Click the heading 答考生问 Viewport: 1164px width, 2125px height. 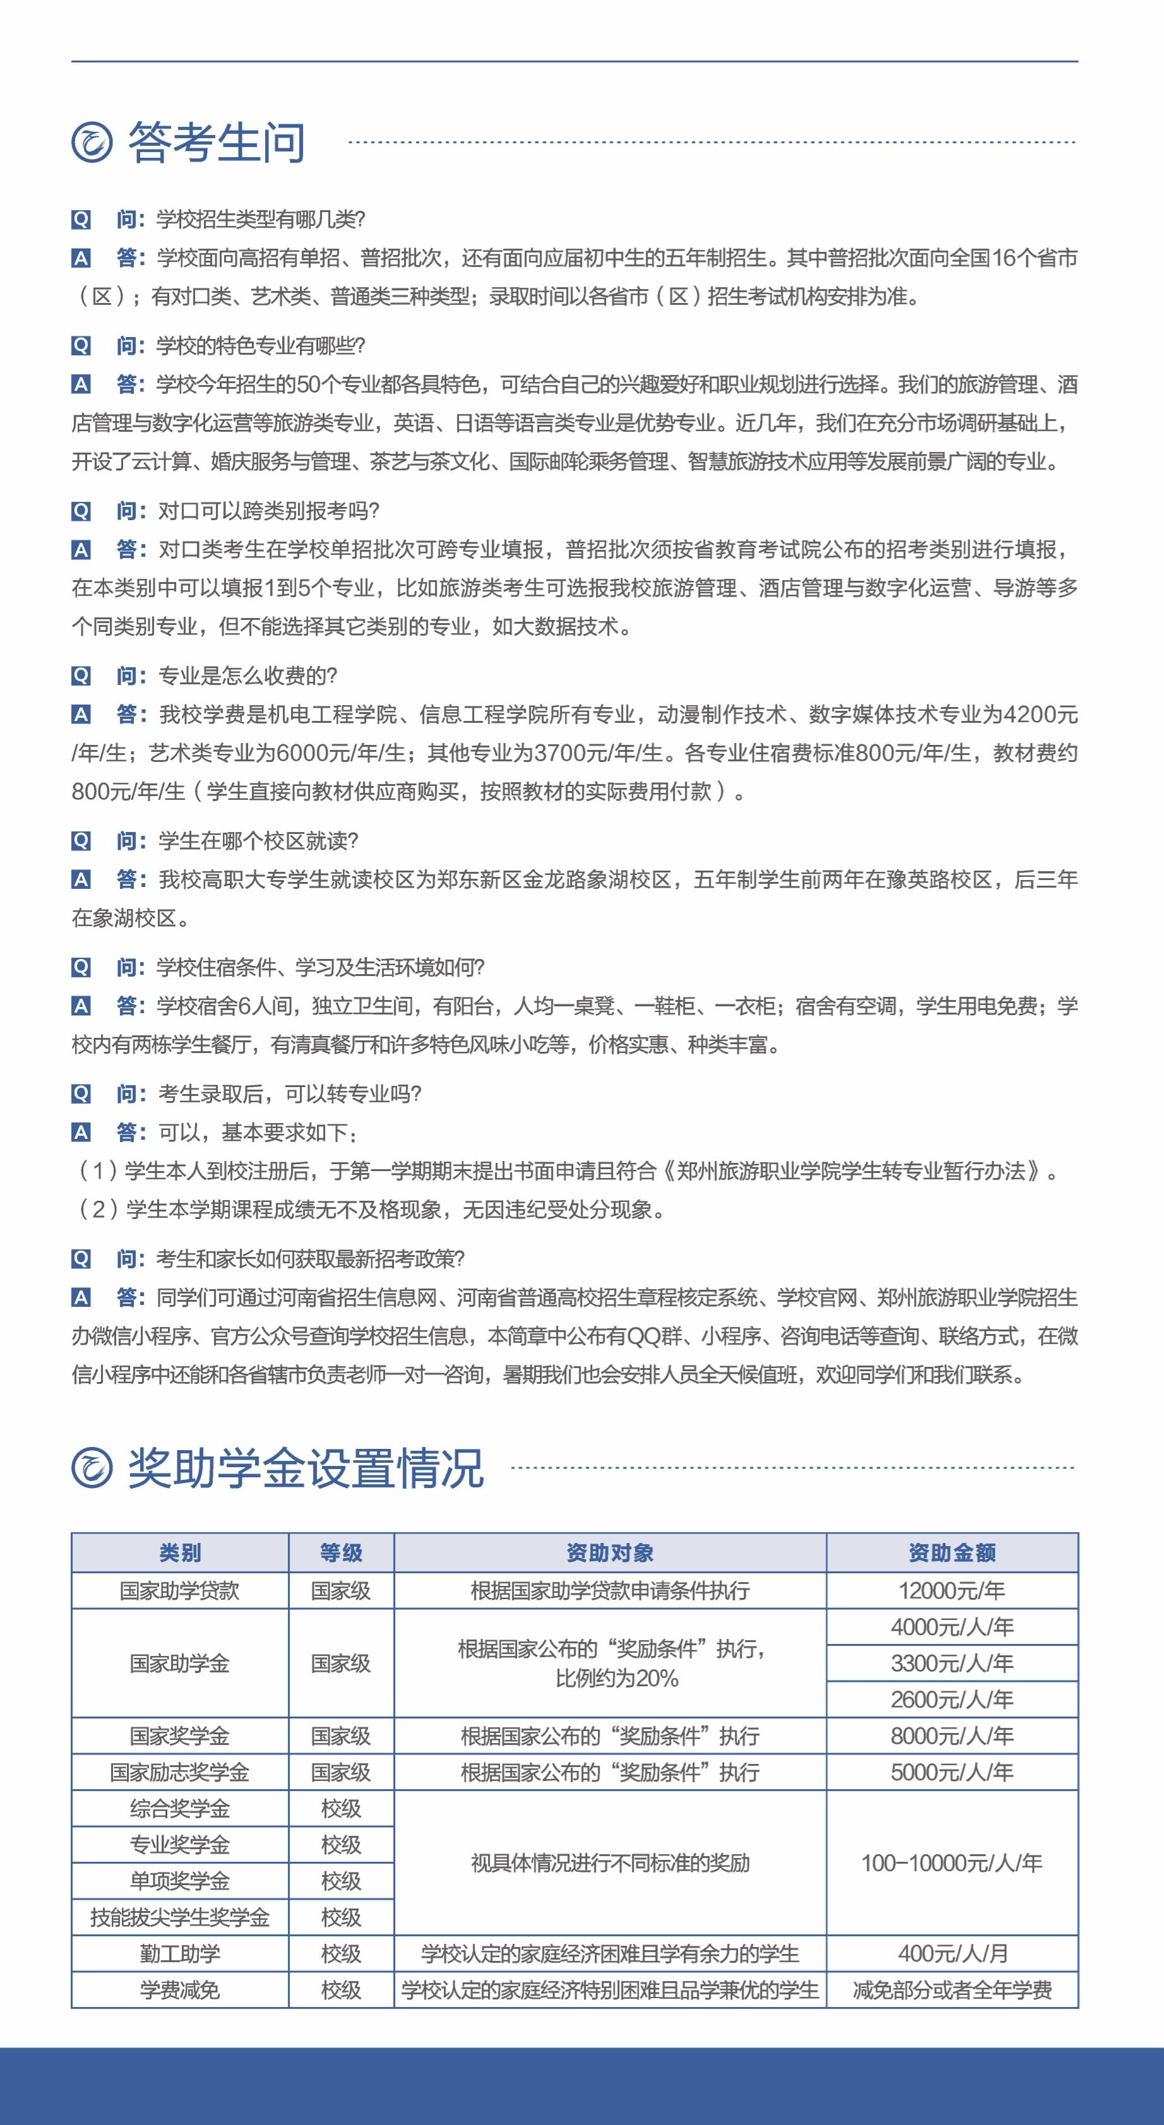[216, 142]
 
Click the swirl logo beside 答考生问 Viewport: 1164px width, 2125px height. [92, 142]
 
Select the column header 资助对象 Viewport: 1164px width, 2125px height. [610, 1552]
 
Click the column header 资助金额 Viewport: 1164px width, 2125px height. [952, 1552]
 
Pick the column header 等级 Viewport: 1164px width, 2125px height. [341, 1552]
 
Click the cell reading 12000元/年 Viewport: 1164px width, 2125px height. [952, 1590]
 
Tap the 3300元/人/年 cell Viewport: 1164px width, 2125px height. [952, 1663]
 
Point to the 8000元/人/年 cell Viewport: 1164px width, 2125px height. [952, 1735]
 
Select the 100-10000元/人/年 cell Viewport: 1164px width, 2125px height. [952, 1862]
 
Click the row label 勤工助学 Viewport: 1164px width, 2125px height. [180, 1953]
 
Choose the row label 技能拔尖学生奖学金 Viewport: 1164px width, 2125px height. [180, 1917]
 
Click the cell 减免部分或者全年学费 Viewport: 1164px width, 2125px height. [952, 1990]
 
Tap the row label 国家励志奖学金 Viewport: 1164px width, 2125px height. [180, 1772]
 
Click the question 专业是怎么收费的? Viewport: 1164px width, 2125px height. [247, 676]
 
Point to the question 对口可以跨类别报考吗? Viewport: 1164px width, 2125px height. [268, 511]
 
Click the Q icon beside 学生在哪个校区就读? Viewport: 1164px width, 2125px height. [81, 841]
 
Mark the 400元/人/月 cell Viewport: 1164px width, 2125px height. [952, 1953]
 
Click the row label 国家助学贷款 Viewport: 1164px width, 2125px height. [180, 1590]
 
